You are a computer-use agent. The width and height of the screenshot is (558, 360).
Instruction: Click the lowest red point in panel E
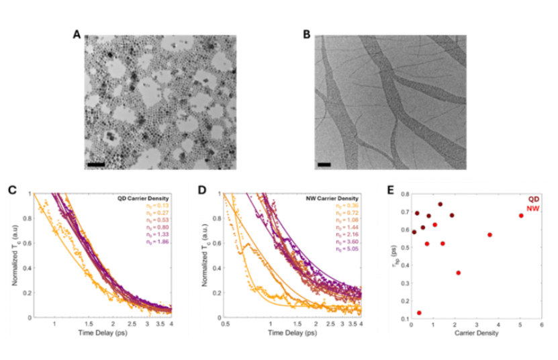419,313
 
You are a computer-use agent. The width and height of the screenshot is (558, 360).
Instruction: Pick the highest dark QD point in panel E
440,204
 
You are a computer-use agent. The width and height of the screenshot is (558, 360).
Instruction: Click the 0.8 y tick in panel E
404,194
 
